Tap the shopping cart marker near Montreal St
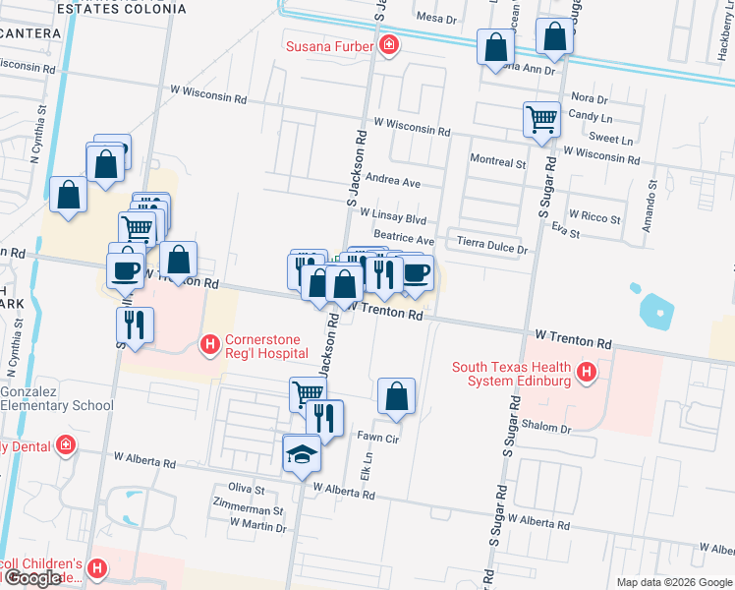click(x=541, y=119)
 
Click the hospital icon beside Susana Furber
click(x=390, y=45)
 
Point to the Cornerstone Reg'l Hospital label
click(x=267, y=346)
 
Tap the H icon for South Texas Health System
click(x=587, y=373)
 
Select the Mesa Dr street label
click(x=437, y=18)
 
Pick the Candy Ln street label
click(x=590, y=116)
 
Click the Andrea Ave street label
click(x=392, y=182)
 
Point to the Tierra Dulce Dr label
click(x=491, y=247)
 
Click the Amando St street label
click(x=649, y=206)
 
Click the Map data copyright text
click(x=674, y=582)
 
